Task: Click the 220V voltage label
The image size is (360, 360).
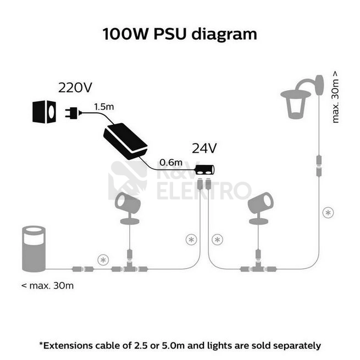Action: point(75,87)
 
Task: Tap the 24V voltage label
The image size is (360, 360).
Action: point(204,148)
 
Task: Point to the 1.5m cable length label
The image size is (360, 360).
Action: point(104,107)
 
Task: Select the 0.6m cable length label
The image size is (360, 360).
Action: point(171,163)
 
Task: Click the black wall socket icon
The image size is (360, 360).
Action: point(44,112)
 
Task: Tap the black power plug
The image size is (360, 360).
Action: point(73,113)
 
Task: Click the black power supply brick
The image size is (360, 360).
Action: point(125,141)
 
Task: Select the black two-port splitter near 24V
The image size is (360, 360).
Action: point(204,170)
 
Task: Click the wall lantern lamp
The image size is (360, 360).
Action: point(302,97)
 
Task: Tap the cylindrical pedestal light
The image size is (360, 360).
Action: point(34,249)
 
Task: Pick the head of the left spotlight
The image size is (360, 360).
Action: point(127,202)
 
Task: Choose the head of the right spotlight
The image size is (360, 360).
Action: point(261,202)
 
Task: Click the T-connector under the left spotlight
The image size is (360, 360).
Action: point(130,268)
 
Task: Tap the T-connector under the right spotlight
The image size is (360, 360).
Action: point(258,268)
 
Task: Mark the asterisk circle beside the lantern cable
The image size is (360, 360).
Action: point(328,213)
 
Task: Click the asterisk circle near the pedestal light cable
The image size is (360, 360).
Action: point(103,260)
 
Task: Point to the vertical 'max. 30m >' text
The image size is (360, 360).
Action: point(335,97)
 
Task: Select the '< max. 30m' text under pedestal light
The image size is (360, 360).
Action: point(47,286)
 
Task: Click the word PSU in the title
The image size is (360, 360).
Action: point(170,34)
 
